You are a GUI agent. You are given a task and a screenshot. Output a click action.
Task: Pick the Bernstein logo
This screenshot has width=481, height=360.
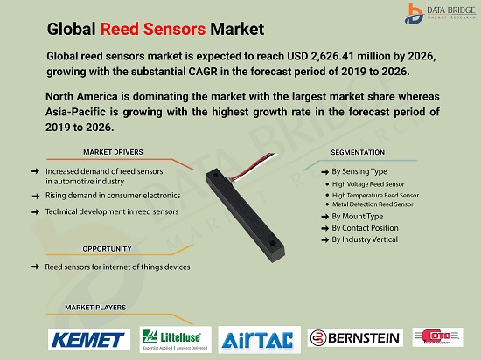[355, 338]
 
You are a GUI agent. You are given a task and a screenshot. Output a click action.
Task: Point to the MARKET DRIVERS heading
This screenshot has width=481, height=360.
[114, 151]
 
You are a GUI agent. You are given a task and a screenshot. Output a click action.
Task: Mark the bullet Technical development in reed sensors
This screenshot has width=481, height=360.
[112, 211]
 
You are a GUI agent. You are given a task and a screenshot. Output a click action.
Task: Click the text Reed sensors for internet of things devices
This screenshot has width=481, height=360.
[117, 267]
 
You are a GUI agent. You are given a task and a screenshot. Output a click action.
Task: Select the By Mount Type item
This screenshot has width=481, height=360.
[357, 216]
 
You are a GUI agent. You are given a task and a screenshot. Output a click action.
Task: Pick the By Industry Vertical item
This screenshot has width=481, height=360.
[364, 239]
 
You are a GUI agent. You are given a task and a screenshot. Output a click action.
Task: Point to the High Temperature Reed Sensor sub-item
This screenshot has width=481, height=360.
[375, 195]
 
